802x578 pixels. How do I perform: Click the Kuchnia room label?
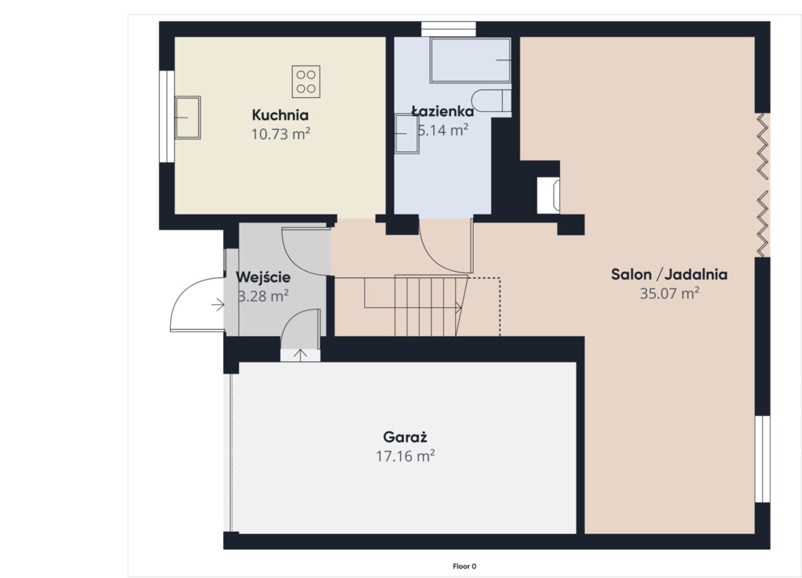[x=280, y=114]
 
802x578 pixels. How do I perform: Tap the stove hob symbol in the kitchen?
[x=306, y=81]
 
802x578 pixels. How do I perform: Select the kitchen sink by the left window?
[x=187, y=117]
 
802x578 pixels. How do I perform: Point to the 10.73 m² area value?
[x=281, y=134]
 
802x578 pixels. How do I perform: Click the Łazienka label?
[x=443, y=111]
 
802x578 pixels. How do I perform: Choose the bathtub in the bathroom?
[x=470, y=60]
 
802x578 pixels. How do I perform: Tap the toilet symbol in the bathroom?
[x=491, y=101]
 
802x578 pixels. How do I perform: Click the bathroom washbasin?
[x=407, y=133]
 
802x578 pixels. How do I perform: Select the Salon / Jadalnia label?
[x=669, y=274]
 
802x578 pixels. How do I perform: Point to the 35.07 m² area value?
[x=670, y=294]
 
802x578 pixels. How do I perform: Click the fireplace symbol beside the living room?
[x=548, y=195]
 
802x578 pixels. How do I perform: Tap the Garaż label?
[x=405, y=437]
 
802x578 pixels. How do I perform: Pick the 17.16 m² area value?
[x=405, y=456]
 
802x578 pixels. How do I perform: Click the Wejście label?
[x=263, y=277]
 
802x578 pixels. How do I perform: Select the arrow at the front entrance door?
[x=218, y=305]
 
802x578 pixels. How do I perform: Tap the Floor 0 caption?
[x=464, y=566]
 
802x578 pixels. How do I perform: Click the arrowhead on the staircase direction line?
[x=459, y=308]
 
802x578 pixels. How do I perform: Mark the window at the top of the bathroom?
[x=449, y=29]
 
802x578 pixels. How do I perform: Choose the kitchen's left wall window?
[x=167, y=117]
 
